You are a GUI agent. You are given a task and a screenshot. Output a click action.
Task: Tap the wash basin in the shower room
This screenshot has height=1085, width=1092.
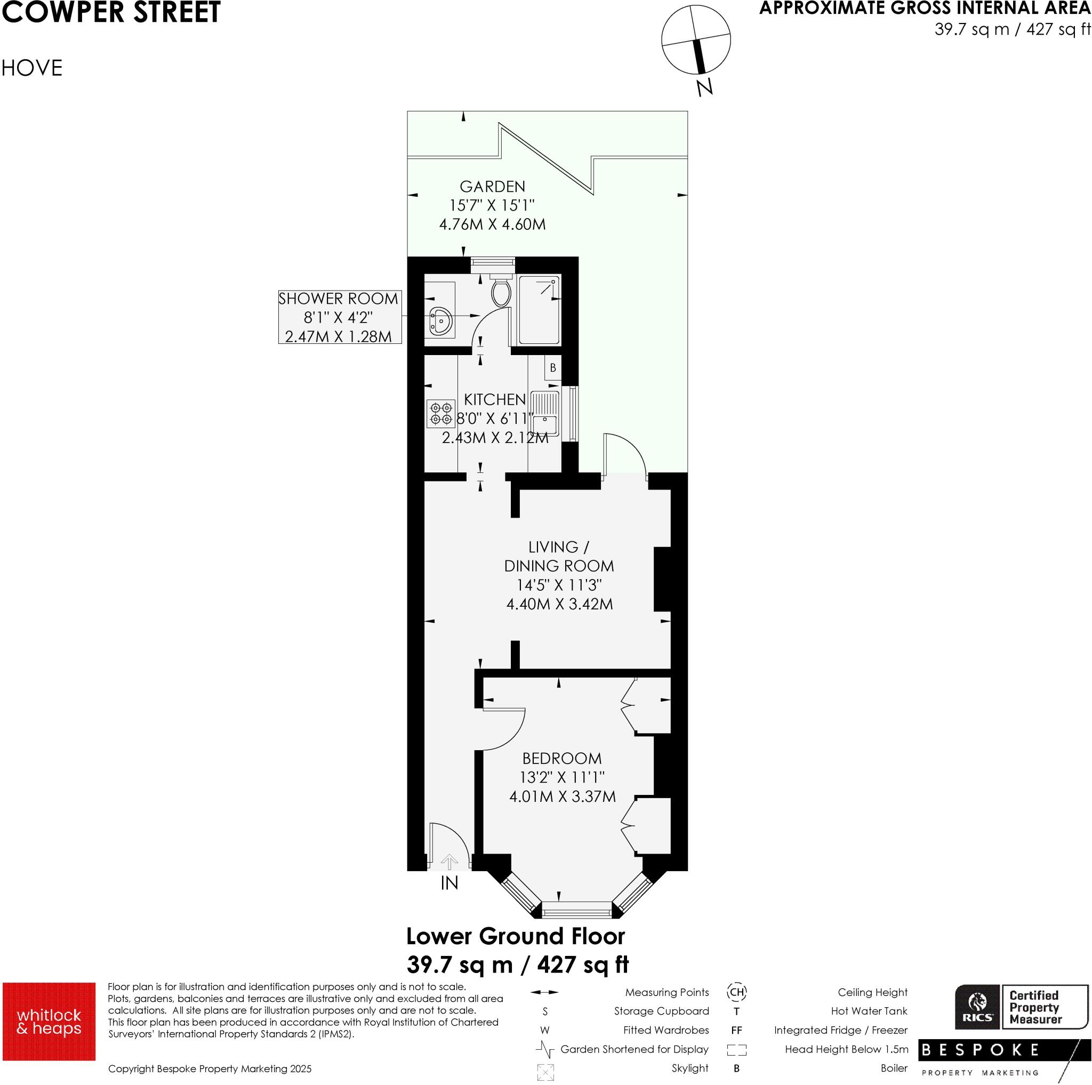point(440,320)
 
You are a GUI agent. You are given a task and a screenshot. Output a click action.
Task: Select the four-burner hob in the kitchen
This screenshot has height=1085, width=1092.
point(441,413)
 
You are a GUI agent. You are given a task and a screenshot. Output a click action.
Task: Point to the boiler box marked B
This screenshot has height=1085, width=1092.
point(552,368)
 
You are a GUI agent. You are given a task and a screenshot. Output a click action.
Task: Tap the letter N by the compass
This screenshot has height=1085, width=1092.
point(704,87)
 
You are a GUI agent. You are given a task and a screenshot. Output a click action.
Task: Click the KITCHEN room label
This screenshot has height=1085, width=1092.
point(495,399)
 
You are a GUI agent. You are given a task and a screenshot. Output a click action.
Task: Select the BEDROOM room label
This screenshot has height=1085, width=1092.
point(562,758)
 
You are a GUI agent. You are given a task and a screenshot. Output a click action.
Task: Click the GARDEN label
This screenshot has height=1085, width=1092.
point(492,187)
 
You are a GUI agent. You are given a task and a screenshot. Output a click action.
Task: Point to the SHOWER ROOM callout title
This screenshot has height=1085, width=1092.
point(338,299)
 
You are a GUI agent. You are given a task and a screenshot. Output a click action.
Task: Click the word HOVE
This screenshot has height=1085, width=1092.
point(32,68)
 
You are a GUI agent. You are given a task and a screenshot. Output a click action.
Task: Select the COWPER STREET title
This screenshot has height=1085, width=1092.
point(111,12)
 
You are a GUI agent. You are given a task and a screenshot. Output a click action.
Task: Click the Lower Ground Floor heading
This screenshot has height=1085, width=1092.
point(516,936)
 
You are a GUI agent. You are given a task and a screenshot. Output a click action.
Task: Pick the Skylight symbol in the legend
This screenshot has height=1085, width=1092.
point(545,1072)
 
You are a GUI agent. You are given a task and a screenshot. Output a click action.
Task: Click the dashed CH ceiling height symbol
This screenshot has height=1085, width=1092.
point(736,992)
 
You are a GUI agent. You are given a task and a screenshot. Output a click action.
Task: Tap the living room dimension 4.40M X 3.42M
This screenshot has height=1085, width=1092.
point(559,604)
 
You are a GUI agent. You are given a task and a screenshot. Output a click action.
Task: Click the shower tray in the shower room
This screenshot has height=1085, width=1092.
point(539,310)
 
